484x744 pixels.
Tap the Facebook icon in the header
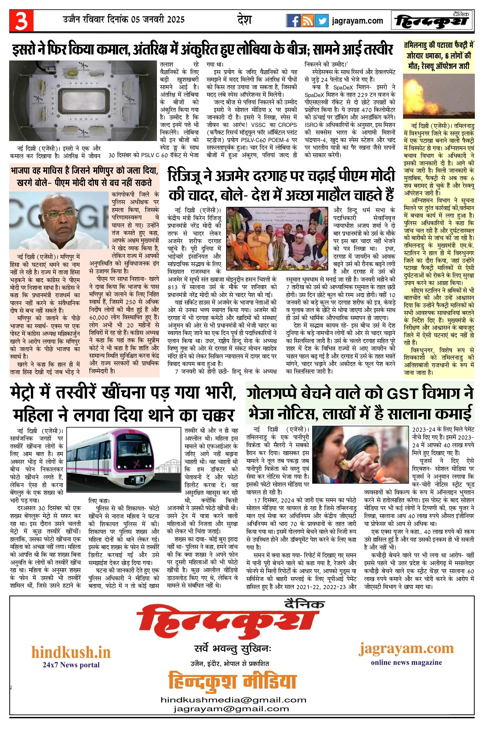pyautogui.click(x=293, y=21)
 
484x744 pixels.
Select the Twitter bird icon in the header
pyautogui.click(x=321, y=21)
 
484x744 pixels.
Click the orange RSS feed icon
pyautogui.click(x=307, y=21)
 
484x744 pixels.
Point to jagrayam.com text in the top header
pyautogui.click(x=357, y=21)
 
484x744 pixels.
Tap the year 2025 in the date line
pyautogui.click(x=176, y=20)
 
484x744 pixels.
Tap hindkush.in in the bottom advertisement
pyautogui.click(x=71, y=652)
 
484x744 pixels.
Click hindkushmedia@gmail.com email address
pyautogui.click(x=233, y=700)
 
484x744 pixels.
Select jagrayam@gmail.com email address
pyautogui.click(x=231, y=709)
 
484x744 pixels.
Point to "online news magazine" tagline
pyautogui.click(x=406, y=662)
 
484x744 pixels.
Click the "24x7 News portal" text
pyautogui.click(x=71, y=665)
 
